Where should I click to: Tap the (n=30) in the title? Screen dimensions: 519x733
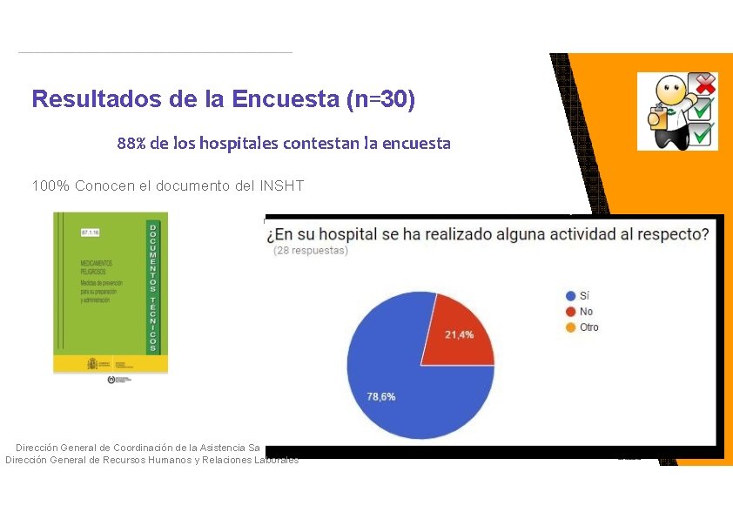coord(380,99)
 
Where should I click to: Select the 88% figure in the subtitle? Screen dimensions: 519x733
coord(131,143)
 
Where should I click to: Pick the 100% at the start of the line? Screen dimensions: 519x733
coord(50,185)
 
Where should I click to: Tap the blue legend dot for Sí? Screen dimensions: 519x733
coord(570,296)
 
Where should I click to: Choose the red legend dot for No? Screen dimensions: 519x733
coord(570,312)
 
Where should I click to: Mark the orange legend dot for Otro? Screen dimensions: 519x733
coord(570,327)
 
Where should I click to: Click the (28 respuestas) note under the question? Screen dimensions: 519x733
coord(311,251)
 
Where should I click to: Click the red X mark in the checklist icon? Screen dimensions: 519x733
coord(704,84)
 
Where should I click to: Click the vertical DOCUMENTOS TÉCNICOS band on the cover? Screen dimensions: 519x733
coord(153,287)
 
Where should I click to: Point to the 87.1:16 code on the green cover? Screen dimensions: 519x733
coord(90,233)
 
